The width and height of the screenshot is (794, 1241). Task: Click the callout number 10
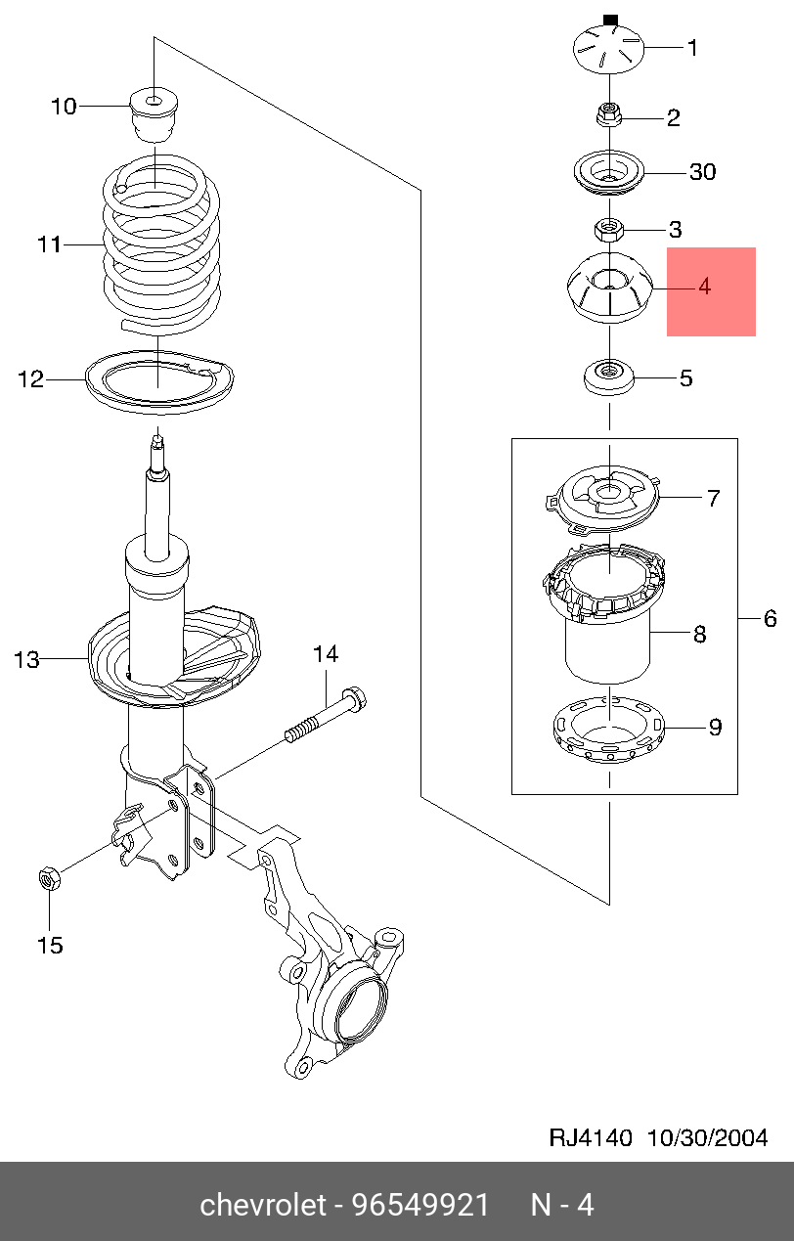click(x=64, y=106)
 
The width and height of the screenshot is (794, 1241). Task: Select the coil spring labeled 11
click(x=161, y=240)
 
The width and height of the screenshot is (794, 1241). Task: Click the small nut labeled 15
click(x=49, y=879)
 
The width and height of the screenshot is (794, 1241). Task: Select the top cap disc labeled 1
click(x=609, y=49)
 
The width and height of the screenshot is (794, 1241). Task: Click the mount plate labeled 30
click(x=610, y=174)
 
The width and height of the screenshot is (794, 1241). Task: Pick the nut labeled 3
click(x=609, y=231)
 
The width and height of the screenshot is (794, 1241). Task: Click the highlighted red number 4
click(x=704, y=288)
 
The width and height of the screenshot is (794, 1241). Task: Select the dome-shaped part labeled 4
click(x=609, y=288)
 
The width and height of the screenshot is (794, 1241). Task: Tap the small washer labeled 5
click(x=609, y=377)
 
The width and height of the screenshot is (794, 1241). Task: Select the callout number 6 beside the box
click(x=770, y=618)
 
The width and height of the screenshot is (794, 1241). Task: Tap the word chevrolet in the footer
click(x=262, y=1205)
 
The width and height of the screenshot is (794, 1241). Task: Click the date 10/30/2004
click(x=708, y=1137)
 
